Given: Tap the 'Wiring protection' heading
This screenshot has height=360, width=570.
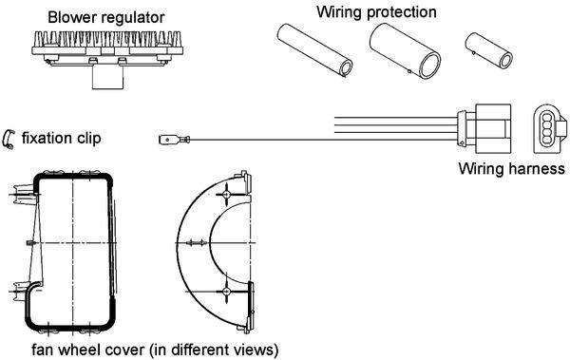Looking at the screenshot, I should pyautogui.click(x=376, y=12).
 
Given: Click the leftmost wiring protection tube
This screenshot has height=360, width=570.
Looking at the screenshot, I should pyautogui.click(x=314, y=52).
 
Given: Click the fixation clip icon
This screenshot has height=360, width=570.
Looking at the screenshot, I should pyautogui.click(x=9, y=139).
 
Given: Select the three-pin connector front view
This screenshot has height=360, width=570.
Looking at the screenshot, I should pyautogui.click(x=548, y=127).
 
